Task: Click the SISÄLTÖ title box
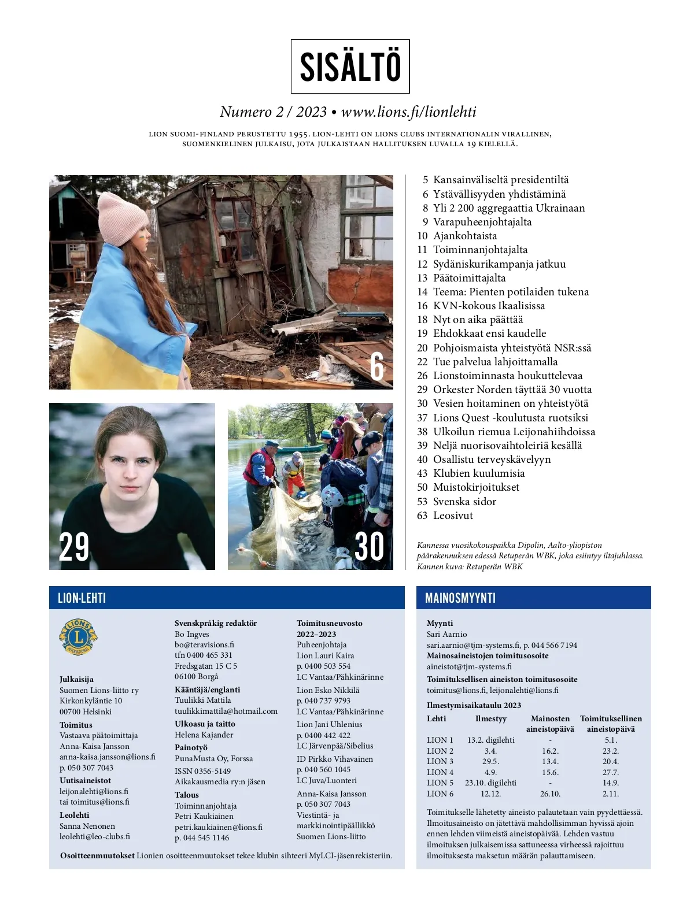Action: (x=350, y=66)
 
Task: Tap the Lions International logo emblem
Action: (x=78, y=638)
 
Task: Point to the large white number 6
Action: (x=377, y=366)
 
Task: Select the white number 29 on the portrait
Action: (x=74, y=547)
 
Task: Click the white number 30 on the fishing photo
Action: (x=369, y=547)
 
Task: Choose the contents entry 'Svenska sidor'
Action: (x=464, y=501)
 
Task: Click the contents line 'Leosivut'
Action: (x=453, y=515)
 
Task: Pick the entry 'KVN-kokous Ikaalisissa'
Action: (x=489, y=305)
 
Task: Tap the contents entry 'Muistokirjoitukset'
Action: (x=476, y=487)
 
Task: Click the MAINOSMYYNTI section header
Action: (x=460, y=598)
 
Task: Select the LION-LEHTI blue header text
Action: (x=82, y=598)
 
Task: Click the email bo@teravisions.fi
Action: (x=204, y=644)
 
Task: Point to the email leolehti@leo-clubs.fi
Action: (x=95, y=836)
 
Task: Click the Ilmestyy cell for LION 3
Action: (x=490, y=761)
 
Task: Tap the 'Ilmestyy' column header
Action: (x=490, y=718)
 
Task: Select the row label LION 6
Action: (x=440, y=794)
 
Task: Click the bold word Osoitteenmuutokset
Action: (x=97, y=855)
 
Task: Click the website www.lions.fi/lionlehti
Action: (x=408, y=112)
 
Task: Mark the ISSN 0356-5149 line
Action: (x=202, y=771)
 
